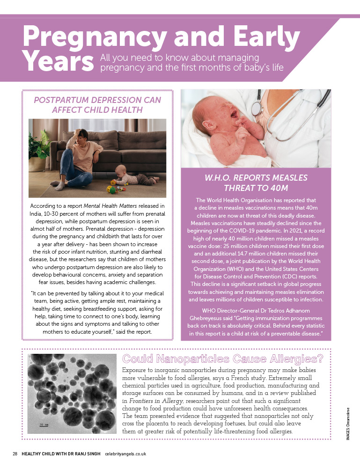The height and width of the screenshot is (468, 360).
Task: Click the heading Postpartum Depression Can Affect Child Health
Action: point(97,105)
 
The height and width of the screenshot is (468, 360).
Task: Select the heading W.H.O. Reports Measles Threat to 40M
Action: point(256,183)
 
